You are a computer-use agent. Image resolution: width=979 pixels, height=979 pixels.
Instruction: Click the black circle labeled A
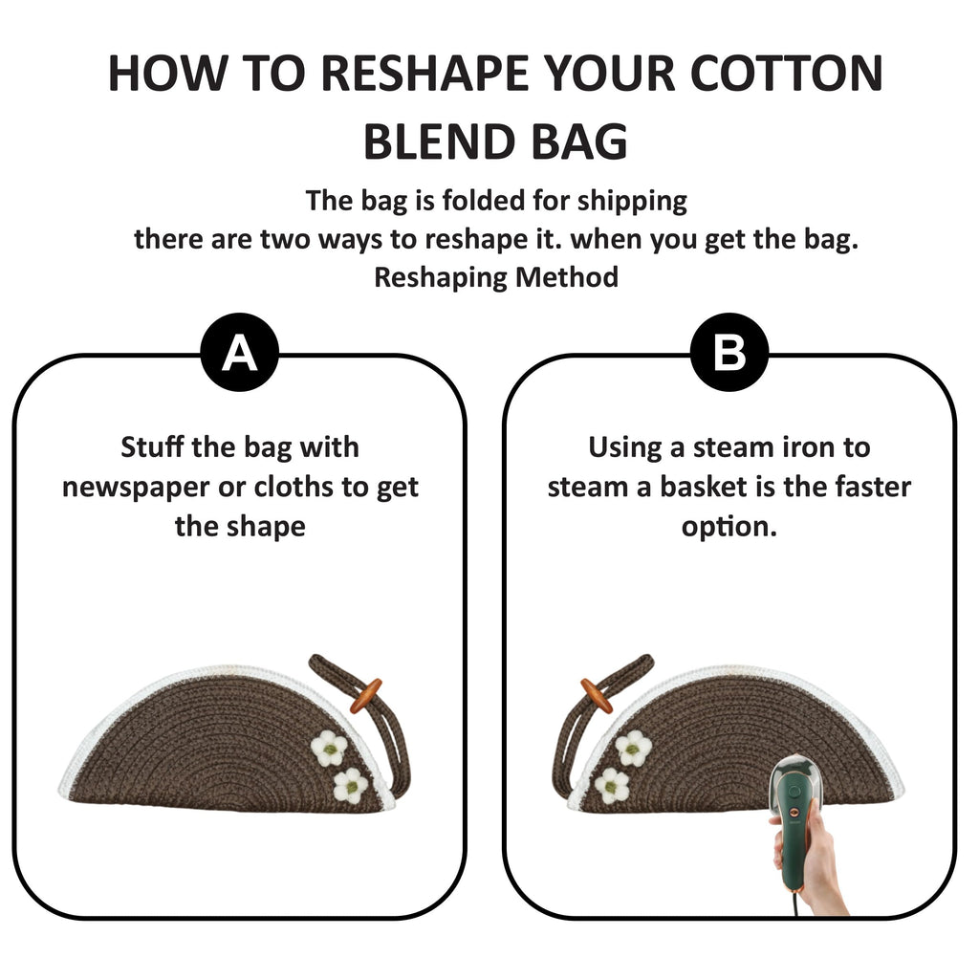(x=240, y=352)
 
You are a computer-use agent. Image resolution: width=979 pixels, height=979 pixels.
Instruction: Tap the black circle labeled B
(x=729, y=352)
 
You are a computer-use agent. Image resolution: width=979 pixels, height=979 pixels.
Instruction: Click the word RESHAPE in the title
(x=424, y=74)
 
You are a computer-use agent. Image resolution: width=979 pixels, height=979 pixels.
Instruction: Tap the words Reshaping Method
(x=496, y=277)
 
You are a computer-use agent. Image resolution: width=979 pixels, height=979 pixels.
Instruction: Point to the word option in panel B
(x=729, y=528)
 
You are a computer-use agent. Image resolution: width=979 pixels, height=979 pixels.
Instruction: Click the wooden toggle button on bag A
(x=366, y=696)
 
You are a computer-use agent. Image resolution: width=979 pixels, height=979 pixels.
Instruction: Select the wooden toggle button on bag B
(x=598, y=696)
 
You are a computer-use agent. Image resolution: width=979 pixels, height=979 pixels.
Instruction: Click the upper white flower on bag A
(x=329, y=748)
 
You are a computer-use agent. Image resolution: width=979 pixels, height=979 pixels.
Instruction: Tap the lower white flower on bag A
(x=350, y=786)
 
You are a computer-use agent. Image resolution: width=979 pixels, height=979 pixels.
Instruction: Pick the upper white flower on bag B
(x=633, y=748)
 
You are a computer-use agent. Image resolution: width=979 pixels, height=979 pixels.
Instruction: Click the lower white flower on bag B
(x=612, y=786)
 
